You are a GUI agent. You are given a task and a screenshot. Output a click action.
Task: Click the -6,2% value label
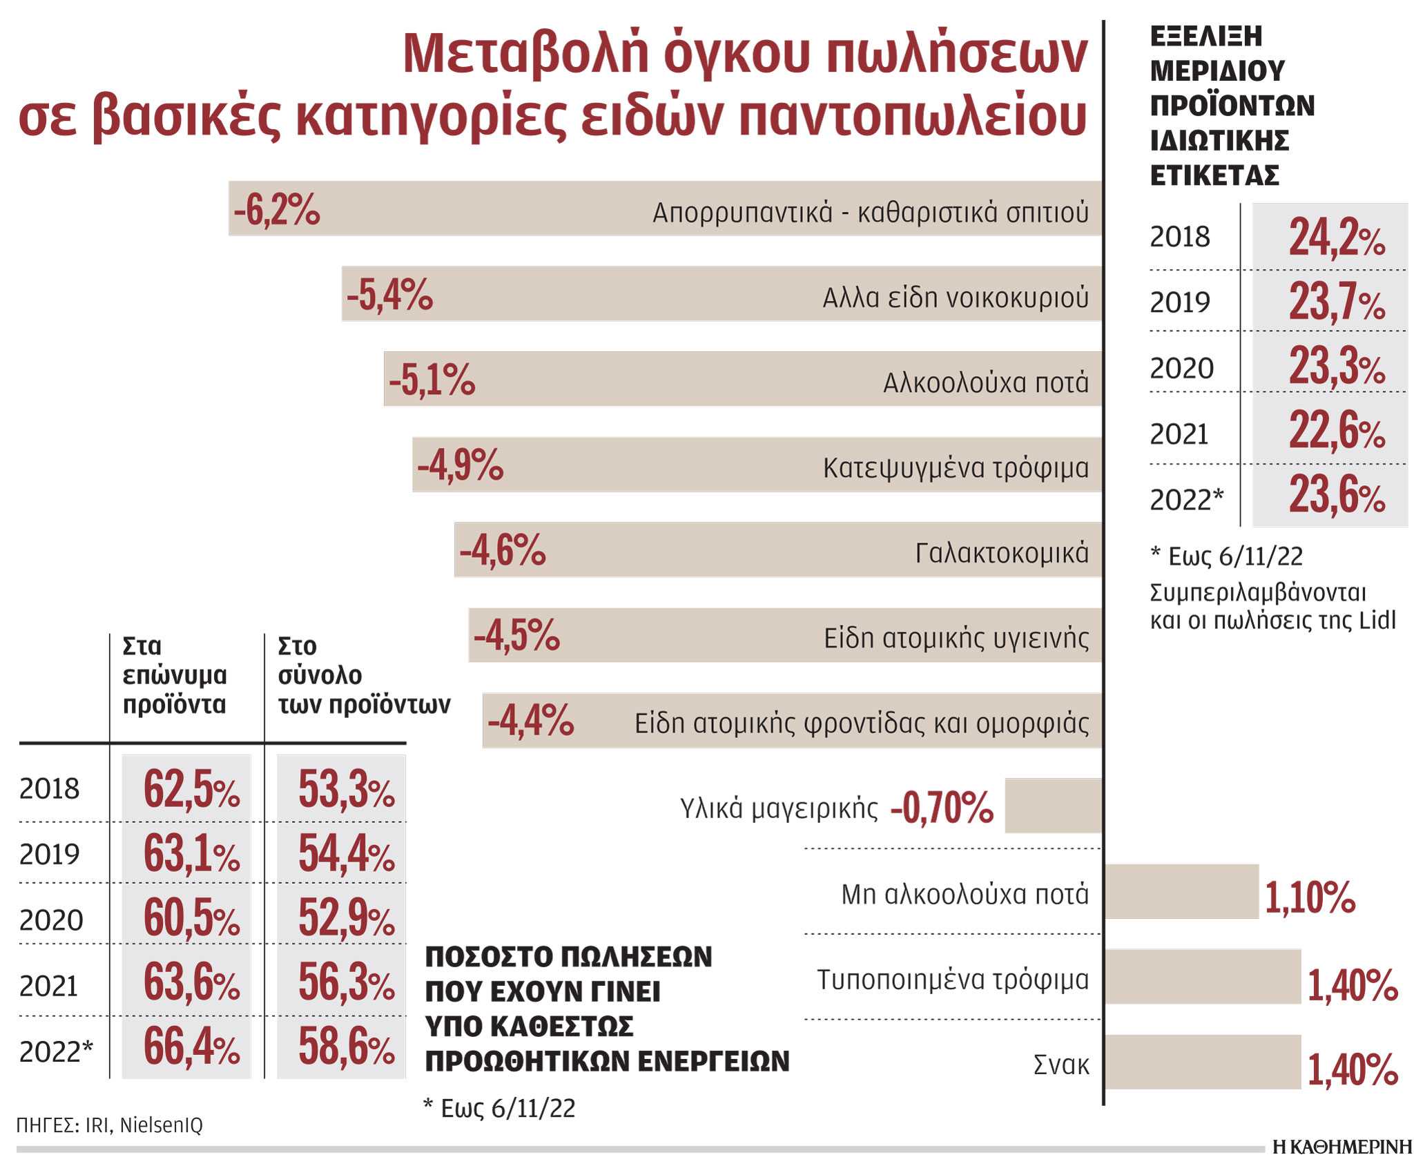pos(277,209)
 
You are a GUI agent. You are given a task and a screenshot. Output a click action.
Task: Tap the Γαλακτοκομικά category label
pos(1002,553)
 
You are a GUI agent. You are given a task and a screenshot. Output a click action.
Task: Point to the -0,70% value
pos(942,808)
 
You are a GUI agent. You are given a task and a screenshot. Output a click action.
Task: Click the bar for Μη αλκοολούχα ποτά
pos(1181,891)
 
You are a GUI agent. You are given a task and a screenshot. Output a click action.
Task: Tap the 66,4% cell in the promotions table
pos(191,1047)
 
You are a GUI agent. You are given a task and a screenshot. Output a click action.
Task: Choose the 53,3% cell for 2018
pos(346,789)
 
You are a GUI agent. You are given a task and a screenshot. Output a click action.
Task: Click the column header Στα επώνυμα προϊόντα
pos(175,675)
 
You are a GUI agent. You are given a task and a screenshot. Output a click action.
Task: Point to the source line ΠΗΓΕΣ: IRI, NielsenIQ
pos(110,1125)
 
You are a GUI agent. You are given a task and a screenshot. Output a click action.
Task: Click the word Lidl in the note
pos(1377,620)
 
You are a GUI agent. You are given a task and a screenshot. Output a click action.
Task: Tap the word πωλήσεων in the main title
pos(956,54)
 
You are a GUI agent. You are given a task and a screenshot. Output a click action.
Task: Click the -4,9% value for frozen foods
pos(460,465)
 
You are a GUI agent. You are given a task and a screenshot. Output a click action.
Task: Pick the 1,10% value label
pos(1310,897)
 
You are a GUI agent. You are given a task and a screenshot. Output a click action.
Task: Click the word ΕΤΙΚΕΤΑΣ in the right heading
pos(1214,175)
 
